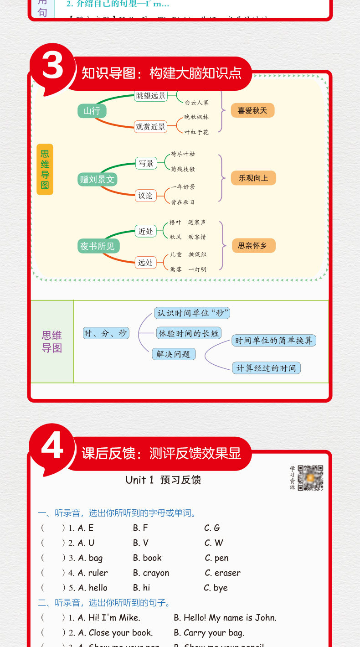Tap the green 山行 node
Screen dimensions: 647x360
[92, 111]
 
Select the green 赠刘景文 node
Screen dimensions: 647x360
[97, 179]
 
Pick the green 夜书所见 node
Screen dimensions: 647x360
[97, 247]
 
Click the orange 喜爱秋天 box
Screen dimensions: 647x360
[252, 110]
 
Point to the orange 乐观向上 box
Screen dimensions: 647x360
[253, 178]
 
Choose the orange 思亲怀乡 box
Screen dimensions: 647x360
[252, 246]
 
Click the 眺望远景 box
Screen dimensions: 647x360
[151, 96]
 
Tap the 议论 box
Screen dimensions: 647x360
[145, 196]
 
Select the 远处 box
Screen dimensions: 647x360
[145, 262]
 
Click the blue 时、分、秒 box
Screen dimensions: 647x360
[106, 333]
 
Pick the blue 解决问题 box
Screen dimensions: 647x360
[174, 354]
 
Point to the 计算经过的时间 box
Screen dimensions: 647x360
[266, 368]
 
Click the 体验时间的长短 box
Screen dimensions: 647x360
[188, 333]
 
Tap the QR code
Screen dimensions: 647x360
[310, 478]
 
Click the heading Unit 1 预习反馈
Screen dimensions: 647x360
[163, 480]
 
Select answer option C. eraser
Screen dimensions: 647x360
[222, 573]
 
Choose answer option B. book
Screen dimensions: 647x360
[147, 558]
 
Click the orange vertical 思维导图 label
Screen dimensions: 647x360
[45, 170]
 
